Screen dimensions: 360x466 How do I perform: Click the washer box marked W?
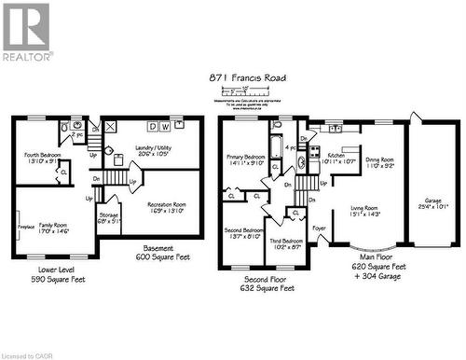(166, 127)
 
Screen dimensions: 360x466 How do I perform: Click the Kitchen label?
(336, 159)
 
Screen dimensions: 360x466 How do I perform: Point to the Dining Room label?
(379, 163)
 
